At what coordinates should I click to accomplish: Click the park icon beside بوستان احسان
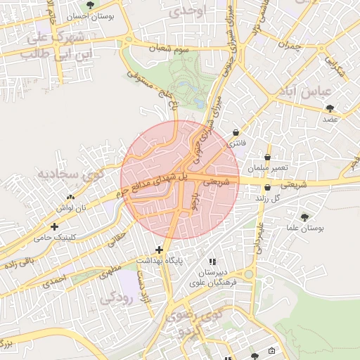click(89, 6)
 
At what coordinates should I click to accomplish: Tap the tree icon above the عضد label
click(330, 108)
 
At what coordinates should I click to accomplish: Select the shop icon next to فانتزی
click(235, 131)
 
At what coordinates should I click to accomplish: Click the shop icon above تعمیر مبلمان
click(268, 157)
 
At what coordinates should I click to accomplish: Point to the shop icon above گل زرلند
click(268, 188)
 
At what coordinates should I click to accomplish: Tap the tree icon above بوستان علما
click(304, 217)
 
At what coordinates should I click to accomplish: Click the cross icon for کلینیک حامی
click(54, 226)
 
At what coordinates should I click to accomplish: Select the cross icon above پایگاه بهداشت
click(160, 250)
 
